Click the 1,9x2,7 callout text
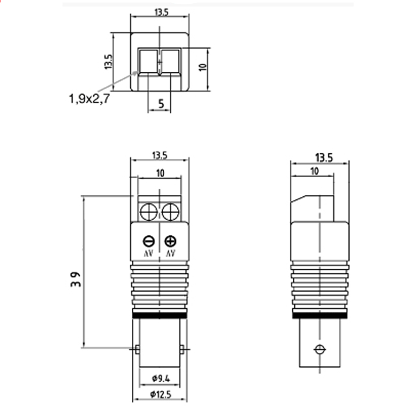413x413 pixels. [89, 99]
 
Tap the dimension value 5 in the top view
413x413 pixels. [161, 104]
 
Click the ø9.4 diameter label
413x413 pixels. [161, 379]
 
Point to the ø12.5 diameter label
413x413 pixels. [161, 394]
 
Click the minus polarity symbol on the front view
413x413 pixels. [149, 241]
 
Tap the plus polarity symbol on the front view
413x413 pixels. [170, 241]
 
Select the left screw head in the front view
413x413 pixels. [149, 212]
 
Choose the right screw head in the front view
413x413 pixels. [170, 212]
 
